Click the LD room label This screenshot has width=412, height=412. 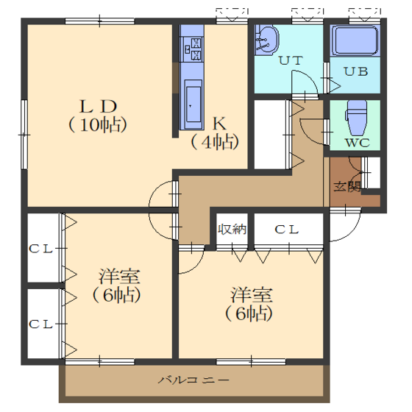coord(98,107)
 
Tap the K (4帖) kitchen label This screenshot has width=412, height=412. coord(215,133)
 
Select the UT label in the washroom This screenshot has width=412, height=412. coord(291,60)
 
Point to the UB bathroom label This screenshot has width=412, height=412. coord(356,71)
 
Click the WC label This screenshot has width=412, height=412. coord(358,143)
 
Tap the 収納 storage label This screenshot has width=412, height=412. coord(232,230)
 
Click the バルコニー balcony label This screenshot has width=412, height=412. coord(193,380)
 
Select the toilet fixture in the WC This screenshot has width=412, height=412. coord(356,117)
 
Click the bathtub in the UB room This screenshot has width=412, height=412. coord(355,40)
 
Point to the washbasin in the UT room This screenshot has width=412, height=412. coord(266,40)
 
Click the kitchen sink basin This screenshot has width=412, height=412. coord(193,104)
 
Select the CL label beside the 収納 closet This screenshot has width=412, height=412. coord(287,230)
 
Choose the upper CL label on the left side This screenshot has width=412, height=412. coord(40,249)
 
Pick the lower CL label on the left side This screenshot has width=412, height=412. coord(40,324)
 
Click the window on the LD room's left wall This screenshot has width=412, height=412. coord(24,135)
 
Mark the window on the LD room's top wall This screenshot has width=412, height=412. coord(99,21)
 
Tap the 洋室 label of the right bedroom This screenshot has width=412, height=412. coord(252,295)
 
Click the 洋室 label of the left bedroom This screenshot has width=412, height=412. coord(119,277)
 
